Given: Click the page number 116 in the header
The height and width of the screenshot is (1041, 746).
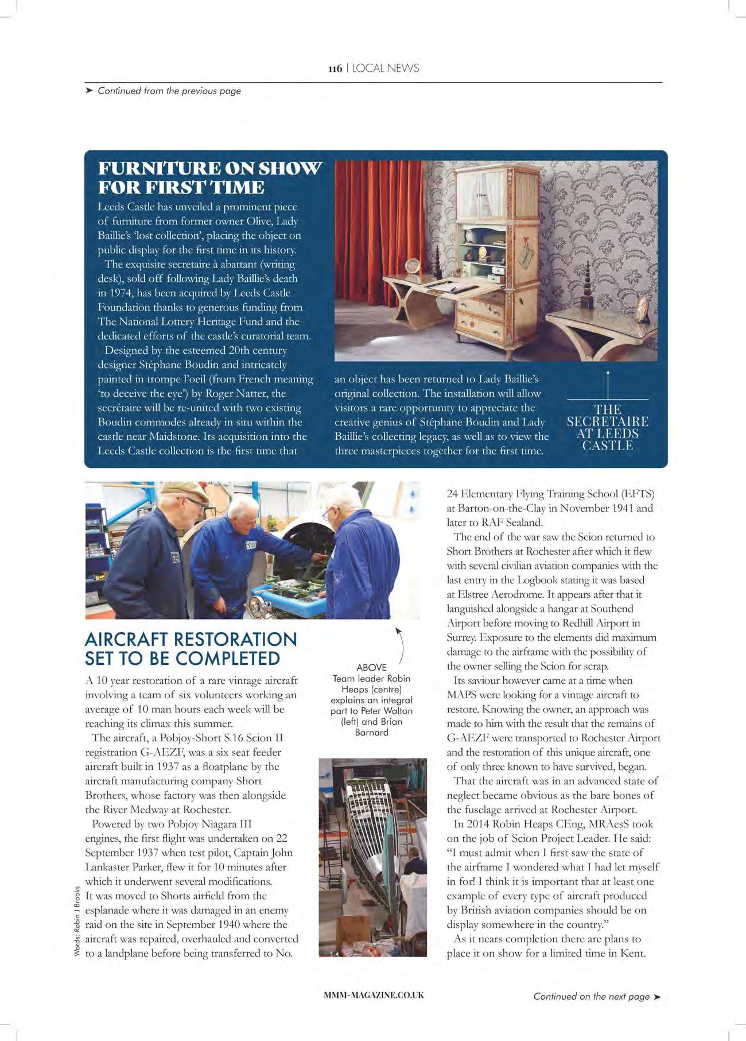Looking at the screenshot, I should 335,69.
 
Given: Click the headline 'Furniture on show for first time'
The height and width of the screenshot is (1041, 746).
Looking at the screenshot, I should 209,177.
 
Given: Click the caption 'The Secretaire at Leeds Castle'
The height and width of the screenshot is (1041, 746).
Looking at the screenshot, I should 608,427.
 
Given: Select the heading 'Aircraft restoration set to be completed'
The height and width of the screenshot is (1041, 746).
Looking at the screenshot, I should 191,649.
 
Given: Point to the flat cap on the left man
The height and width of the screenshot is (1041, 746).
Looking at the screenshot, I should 185,492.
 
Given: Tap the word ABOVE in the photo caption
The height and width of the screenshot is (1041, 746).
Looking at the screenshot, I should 371,668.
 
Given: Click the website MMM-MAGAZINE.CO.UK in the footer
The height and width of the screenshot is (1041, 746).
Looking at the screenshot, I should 374,995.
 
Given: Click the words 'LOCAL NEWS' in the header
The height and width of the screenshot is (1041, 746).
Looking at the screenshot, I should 386,68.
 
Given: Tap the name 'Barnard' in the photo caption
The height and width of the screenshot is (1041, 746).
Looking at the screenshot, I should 371,732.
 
